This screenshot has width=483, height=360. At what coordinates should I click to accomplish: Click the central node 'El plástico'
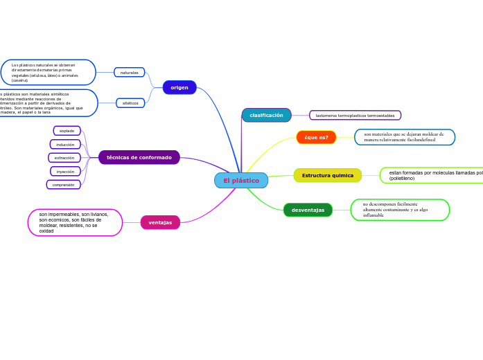point(241,181)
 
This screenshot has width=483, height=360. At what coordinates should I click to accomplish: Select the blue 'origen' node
point(179,87)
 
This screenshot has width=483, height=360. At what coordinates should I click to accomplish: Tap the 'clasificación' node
point(266,115)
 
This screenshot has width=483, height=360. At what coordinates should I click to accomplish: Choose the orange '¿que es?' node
point(316,137)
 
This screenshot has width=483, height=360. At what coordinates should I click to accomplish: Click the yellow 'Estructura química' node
point(327,175)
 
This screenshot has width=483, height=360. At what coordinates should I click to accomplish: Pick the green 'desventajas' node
point(308,210)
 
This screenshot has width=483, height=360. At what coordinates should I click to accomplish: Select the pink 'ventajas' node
point(160,222)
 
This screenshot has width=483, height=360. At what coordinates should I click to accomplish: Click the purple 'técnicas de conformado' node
point(139,157)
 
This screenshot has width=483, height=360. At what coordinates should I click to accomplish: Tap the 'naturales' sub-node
point(129,72)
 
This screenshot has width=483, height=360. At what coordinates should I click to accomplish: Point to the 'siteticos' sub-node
point(130,102)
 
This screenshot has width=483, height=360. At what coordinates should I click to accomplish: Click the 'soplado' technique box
point(67,131)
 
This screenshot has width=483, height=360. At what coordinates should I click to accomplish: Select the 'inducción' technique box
point(65,144)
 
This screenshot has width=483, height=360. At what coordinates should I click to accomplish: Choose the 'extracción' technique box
point(64,158)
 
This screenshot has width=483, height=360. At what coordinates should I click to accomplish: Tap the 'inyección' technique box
point(65,171)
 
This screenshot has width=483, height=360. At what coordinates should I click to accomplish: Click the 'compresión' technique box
point(63,185)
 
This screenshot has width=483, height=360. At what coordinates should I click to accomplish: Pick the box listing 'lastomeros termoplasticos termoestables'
point(355,116)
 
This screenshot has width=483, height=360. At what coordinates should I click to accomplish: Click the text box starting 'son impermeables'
point(75,222)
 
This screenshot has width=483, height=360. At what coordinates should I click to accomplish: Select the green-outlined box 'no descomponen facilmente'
point(400,210)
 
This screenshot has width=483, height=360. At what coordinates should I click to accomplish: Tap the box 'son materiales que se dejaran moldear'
point(404,137)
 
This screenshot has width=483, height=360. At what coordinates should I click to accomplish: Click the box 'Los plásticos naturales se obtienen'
point(48,73)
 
